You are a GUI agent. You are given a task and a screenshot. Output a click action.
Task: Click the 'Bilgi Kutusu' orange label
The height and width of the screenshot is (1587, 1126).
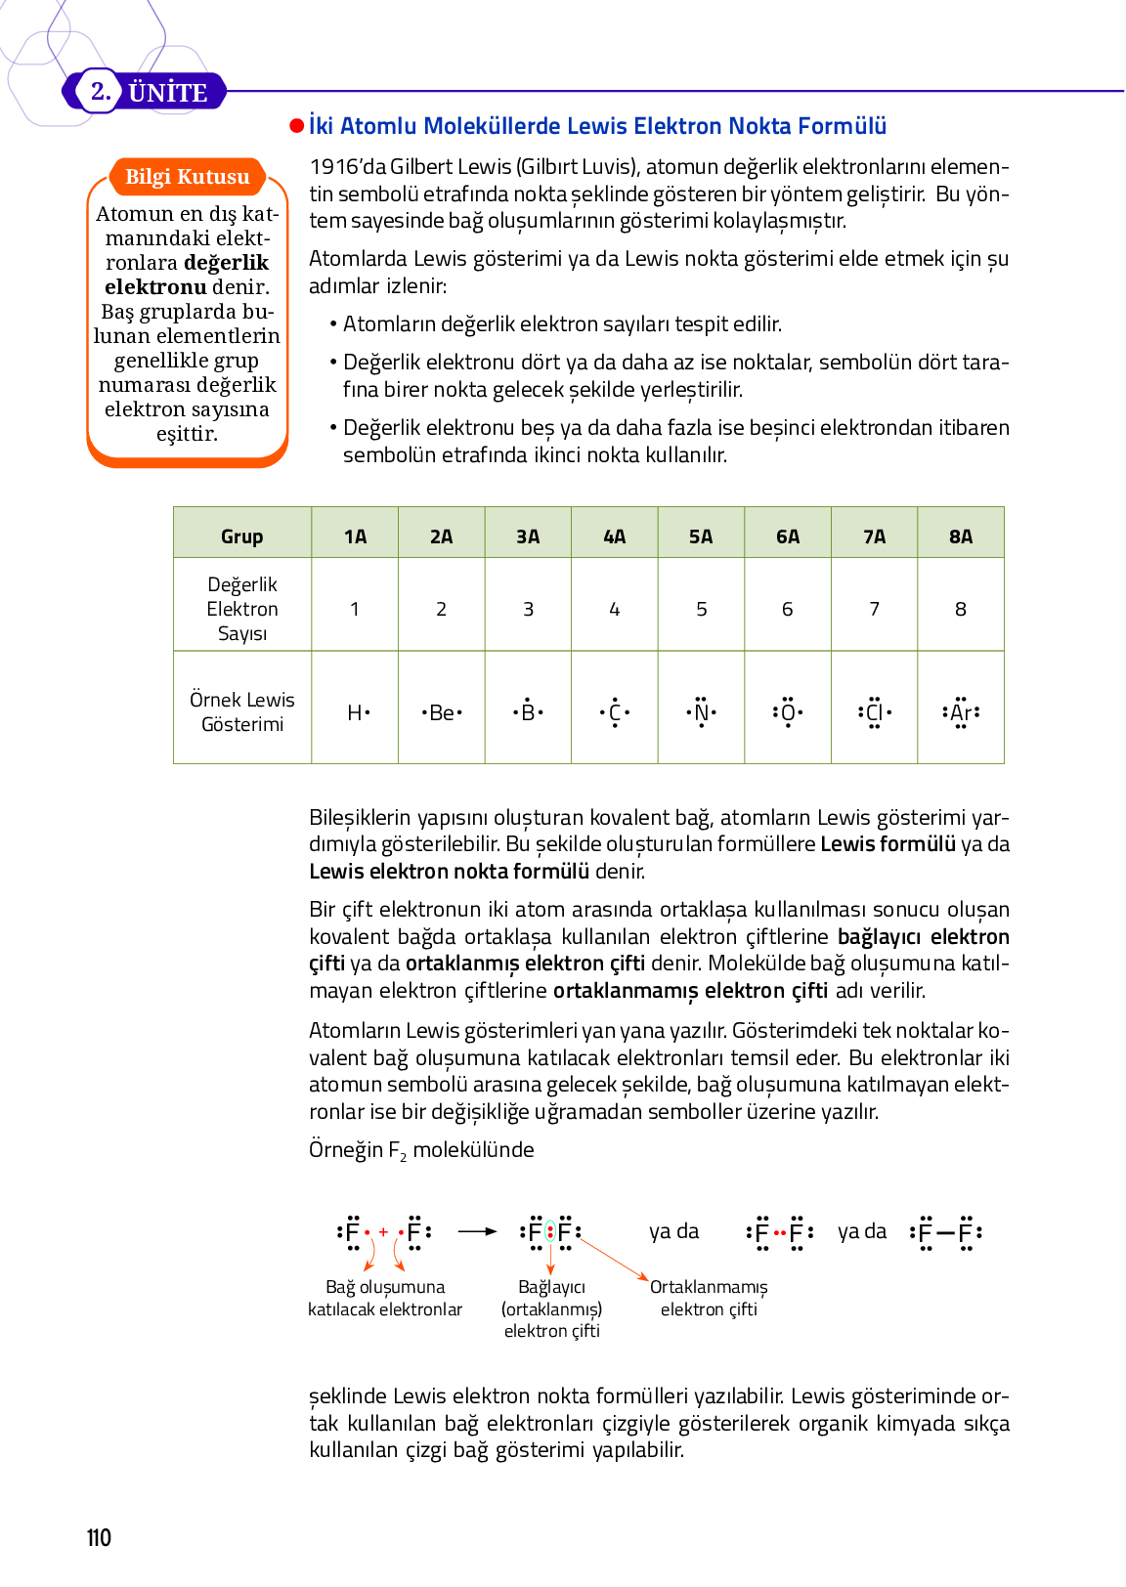pos(187,177)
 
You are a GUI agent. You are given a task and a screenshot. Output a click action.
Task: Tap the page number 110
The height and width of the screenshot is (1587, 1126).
pos(99,1537)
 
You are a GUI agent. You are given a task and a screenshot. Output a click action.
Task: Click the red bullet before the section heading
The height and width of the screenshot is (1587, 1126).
pos(296,126)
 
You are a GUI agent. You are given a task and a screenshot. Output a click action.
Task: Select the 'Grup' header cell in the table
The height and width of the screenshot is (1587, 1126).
pos(241,536)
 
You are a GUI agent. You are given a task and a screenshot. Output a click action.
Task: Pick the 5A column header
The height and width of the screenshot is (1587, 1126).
pos(701,536)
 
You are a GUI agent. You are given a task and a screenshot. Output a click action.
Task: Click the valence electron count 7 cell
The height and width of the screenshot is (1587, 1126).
pos(874,609)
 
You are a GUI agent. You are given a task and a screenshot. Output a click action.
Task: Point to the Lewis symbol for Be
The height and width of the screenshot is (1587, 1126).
pos(442,712)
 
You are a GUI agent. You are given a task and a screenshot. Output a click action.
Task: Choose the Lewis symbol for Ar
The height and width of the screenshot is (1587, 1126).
pos(961,712)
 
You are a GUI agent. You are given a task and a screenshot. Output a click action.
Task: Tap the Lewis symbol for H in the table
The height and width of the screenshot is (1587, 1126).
pos(358,712)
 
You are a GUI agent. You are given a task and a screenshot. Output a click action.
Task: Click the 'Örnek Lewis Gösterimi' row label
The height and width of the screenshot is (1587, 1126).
pos(241,711)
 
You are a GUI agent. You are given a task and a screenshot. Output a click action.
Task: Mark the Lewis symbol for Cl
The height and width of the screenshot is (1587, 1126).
pos(874,712)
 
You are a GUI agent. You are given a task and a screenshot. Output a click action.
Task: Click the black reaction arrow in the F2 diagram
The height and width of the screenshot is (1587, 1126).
pos(477,1231)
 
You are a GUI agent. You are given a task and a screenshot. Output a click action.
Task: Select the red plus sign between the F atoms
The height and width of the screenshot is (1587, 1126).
pos(384,1231)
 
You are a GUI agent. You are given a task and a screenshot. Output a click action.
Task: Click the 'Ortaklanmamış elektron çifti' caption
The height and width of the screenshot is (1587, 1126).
pos(709,1298)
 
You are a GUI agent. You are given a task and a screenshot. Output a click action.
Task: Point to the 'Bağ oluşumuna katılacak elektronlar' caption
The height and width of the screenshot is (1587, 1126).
pos(385,1298)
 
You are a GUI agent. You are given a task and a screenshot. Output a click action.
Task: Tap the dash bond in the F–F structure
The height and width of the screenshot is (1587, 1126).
pos(945,1232)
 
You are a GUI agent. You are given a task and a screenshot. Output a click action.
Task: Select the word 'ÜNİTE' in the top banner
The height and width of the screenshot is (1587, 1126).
pos(167,93)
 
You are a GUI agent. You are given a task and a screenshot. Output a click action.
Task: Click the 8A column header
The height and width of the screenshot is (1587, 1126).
pos(961,536)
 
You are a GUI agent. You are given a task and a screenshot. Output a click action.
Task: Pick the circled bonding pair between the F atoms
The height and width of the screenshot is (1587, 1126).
pos(550,1231)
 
